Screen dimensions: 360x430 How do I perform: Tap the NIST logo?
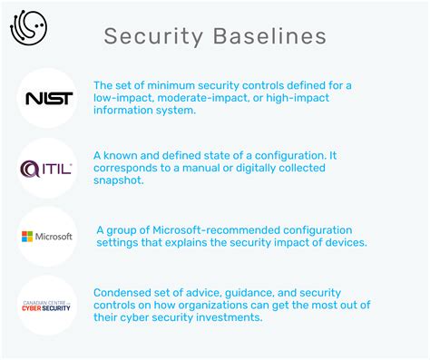click(47, 98)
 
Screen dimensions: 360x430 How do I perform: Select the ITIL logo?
click(47, 168)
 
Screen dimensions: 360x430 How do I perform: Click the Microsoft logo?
click(47, 237)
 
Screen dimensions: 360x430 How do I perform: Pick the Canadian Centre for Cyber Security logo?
click(47, 306)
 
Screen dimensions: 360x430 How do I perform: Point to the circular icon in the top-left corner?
click(28, 28)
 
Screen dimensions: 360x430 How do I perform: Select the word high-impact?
click(299, 99)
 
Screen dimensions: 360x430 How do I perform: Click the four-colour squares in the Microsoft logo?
click(27, 237)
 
